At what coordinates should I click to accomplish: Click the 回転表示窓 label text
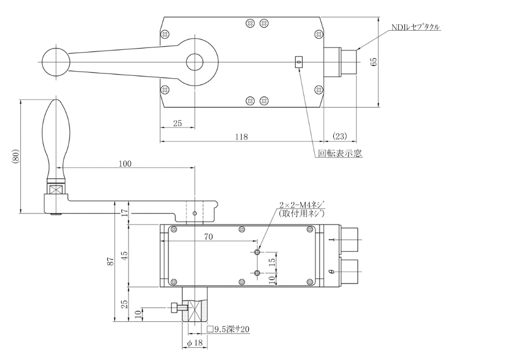coord(340,154)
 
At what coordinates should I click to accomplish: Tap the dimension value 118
coord(242,137)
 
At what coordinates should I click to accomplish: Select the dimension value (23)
coord(340,137)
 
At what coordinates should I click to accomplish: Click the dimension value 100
coord(126,163)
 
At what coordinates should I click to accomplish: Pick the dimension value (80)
coord(13,157)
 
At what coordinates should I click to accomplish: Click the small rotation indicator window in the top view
coord(299,61)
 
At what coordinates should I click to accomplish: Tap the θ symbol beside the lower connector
coord(330,270)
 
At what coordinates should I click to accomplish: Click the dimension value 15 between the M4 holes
coord(273,262)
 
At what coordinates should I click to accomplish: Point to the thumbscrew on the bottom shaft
coord(177,308)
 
